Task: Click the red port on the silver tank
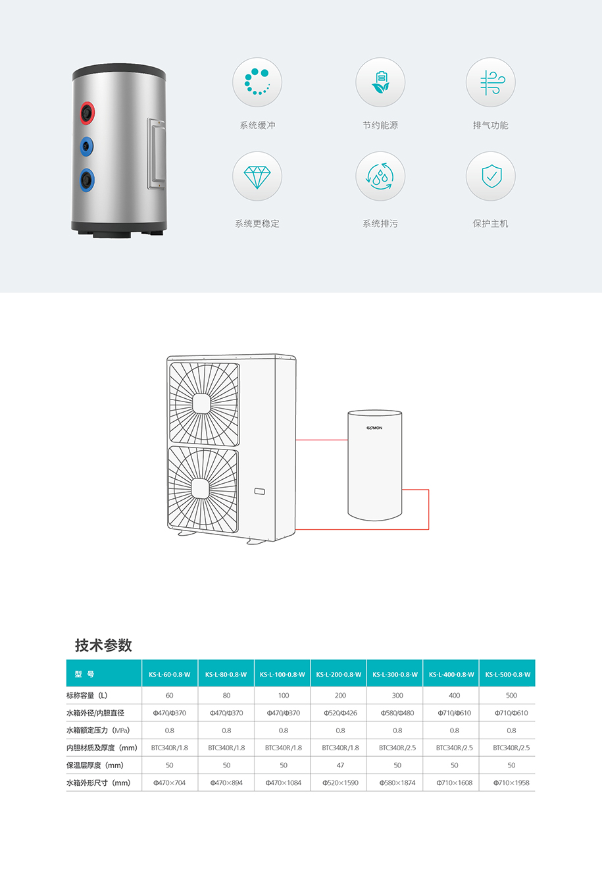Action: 87,113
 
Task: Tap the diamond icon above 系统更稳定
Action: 257,177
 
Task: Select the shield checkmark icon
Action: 491,176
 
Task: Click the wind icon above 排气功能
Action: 492,82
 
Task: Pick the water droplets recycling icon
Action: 380,176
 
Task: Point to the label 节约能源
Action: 380,125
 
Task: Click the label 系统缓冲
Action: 257,125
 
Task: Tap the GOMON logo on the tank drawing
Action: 374,428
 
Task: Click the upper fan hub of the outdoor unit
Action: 202,403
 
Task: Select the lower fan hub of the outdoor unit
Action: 201,489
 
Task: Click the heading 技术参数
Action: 103,645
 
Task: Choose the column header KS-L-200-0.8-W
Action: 339,674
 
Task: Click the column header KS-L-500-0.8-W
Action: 507,674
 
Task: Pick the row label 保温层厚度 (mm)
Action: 95,765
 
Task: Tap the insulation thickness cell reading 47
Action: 340,765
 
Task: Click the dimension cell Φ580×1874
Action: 397,783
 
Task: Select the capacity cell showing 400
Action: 454,695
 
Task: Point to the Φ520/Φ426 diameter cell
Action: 340,713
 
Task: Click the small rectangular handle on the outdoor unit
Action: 260,492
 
